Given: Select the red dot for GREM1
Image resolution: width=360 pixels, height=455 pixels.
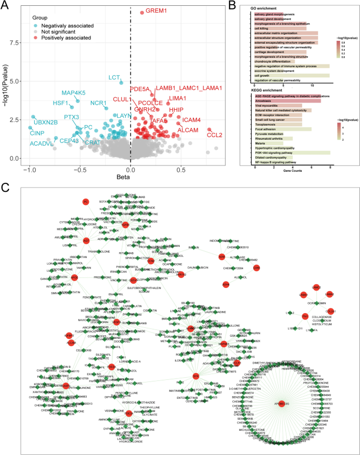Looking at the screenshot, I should [142, 12].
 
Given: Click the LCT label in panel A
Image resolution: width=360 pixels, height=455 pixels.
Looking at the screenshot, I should [115, 78].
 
